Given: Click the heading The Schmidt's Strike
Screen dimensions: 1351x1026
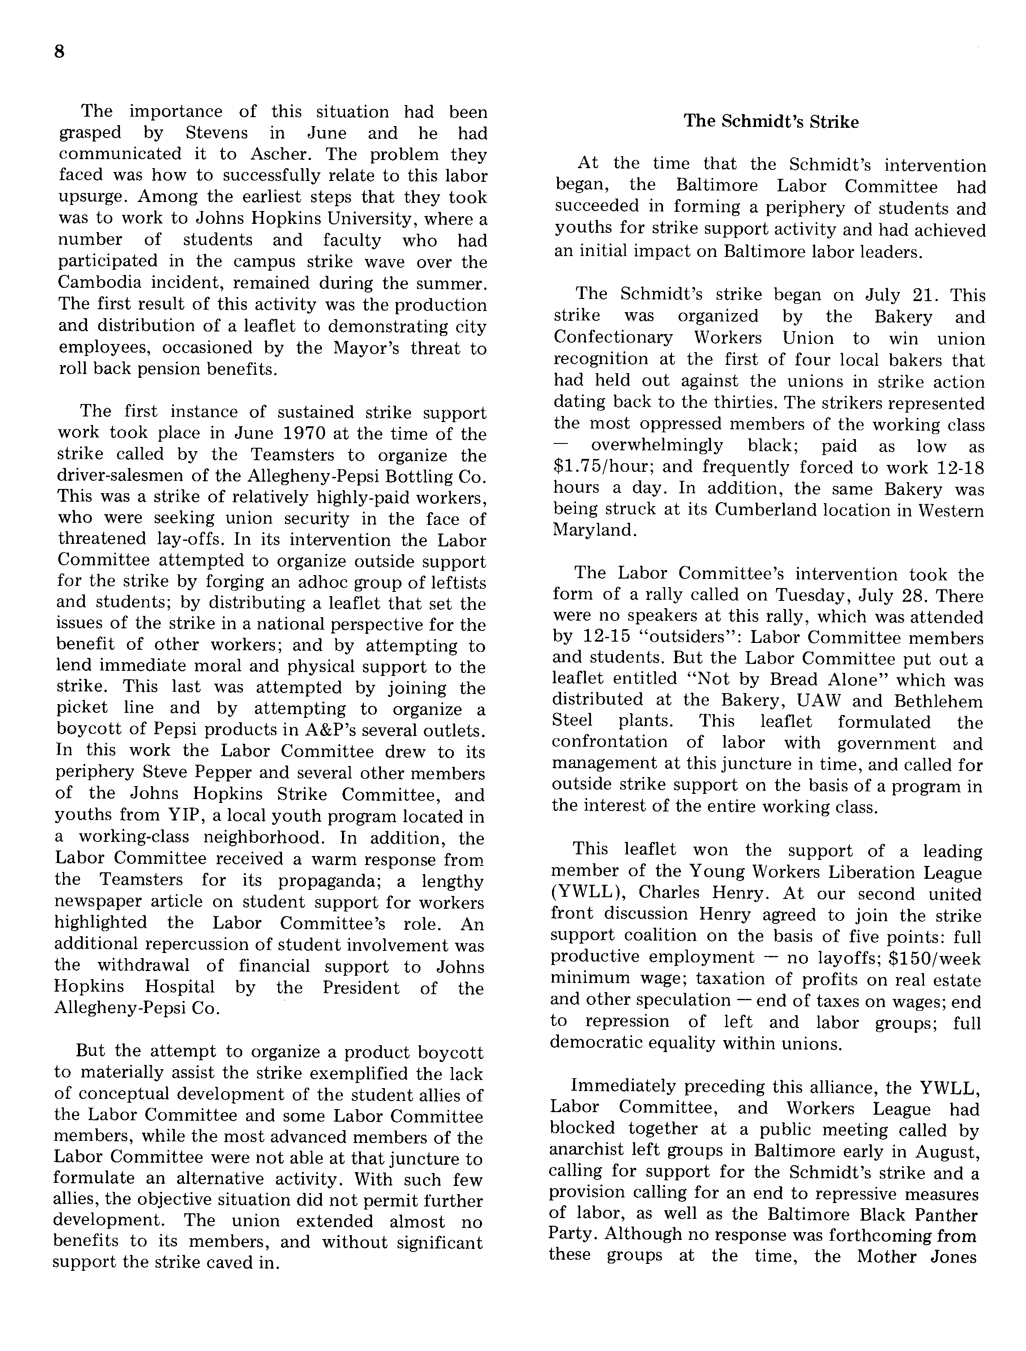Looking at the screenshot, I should [x=771, y=122].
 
